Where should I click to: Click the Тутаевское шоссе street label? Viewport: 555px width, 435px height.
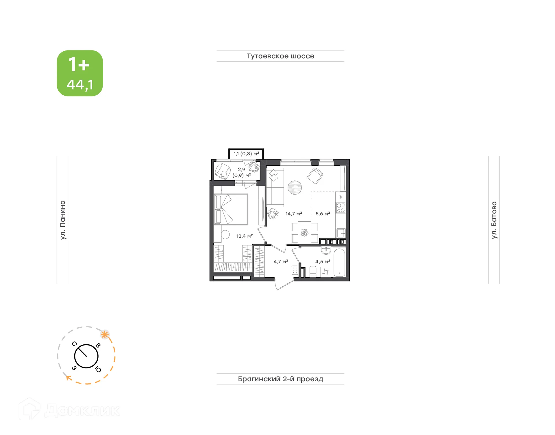coord(280,56)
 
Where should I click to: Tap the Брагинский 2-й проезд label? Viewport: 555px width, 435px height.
coord(280,379)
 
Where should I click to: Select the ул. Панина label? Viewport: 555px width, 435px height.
coord(63,220)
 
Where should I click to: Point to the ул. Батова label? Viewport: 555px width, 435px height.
coord(494,220)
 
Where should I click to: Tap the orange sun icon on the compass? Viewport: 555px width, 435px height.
coord(105,335)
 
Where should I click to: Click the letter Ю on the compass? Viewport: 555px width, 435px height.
coord(98,369)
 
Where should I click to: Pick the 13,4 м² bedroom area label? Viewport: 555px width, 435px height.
coord(245,236)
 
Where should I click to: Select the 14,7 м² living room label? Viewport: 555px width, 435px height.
coord(294,214)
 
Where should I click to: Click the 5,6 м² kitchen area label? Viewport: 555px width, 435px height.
coord(323,214)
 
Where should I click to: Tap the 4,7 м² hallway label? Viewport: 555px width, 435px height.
coord(281,262)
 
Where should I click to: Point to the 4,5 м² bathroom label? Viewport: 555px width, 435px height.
coord(323,262)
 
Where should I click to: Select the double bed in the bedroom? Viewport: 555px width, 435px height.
coord(231,209)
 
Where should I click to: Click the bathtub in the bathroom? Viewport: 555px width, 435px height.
coord(339,262)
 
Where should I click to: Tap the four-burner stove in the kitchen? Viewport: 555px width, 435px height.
coord(341,208)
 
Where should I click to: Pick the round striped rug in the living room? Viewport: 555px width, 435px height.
coord(295,188)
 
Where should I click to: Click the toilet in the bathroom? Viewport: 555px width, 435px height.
coord(313,271)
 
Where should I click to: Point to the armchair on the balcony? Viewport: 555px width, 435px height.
coord(223,171)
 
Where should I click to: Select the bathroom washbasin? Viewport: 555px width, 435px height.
coord(326,250)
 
